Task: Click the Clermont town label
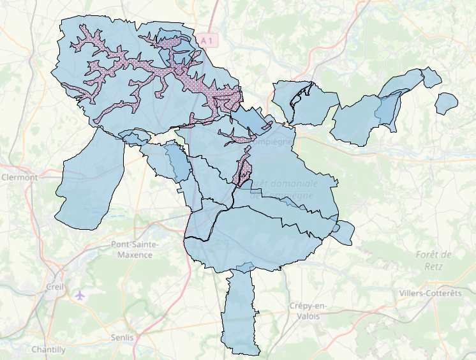point(19,177)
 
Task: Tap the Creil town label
point(56,287)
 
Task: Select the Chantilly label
point(48,350)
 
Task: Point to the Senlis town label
point(122,337)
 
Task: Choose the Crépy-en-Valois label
point(308,311)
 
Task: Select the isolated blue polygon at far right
point(447,102)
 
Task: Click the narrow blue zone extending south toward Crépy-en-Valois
point(241,313)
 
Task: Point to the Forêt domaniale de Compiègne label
point(284,190)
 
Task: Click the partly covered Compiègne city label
point(276,141)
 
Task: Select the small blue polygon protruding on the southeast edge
point(343,232)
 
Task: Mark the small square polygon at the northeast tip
point(432,78)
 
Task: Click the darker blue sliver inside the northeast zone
point(387,109)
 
